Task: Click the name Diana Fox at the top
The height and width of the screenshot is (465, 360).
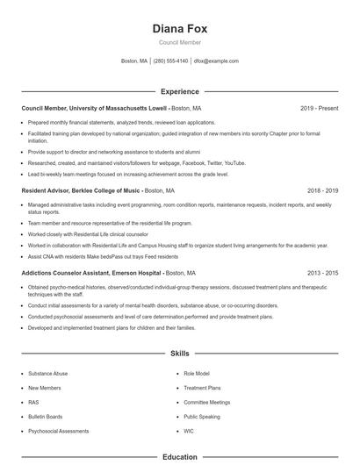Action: click(179, 28)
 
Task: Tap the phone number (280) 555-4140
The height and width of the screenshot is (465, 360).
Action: click(170, 61)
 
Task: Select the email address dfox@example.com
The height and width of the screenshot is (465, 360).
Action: click(216, 61)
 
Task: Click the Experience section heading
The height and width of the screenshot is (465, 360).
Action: click(179, 91)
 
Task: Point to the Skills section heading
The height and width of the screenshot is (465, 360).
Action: click(179, 354)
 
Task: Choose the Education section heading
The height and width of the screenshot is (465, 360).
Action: click(179, 457)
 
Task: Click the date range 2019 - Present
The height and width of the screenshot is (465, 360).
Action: click(319, 108)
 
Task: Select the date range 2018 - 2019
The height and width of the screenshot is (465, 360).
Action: click(323, 190)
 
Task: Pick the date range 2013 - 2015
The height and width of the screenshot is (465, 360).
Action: click(323, 273)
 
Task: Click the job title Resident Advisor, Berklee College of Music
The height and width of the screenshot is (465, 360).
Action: click(81, 190)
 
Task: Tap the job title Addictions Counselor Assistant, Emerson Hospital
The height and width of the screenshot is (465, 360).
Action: click(92, 273)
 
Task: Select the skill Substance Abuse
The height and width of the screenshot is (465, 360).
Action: click(47, 373)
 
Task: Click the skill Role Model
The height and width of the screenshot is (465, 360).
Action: click(197, 373)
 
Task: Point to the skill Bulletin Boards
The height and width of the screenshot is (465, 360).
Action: click(46, 417)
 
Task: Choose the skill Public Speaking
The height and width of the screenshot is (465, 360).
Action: click(202, 417)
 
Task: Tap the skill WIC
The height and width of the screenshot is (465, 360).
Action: click(189, 431)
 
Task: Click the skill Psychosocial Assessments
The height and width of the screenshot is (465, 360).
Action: click(58, 431)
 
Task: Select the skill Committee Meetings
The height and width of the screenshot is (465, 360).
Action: click(207, 402)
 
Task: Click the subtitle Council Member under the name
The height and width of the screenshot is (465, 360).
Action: click(179, 42)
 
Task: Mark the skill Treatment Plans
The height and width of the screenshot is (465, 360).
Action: click(202, 387)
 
